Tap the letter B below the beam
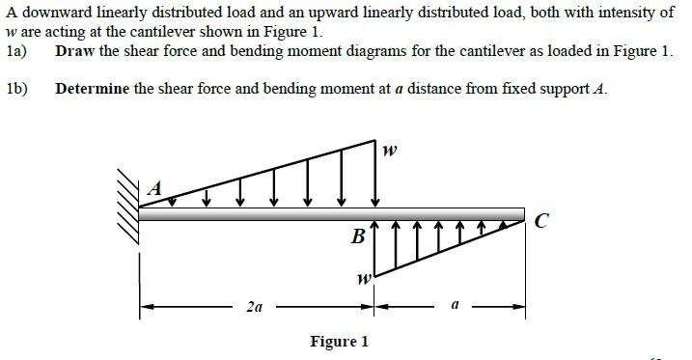pyautogui.click(x=358, y=235)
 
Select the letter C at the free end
pyautogui.click(x=542, y=222)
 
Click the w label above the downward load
pyautogui.click(x=389, y=151)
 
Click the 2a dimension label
pyautogui.click(x=254, y=308)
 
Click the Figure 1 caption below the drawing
pyautogui.click(x=339, y=342)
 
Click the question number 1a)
pyautogui.click(x=16, y=50)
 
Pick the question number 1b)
pyautogui.click(x=16, y=89)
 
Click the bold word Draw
pyautogui.click(x=75, y=50)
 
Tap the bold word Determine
pyautogui.click(x=93, y=89)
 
